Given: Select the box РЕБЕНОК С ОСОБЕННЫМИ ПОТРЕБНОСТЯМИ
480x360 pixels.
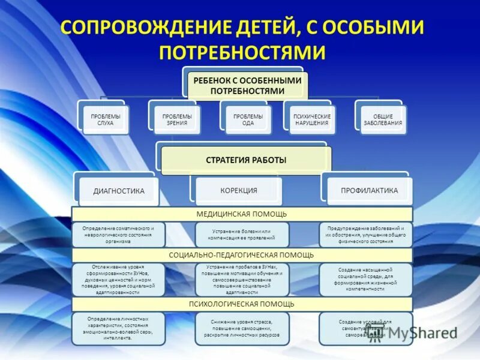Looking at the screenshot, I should pos(247,86).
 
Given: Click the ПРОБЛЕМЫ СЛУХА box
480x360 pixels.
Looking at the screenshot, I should pos(106,119).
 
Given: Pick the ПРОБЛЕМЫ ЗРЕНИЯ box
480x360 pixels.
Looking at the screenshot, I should pos(178,119).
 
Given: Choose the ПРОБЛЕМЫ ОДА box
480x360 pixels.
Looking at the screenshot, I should pos(248,119).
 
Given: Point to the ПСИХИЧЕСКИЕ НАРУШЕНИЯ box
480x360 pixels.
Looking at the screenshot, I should pos(311,119).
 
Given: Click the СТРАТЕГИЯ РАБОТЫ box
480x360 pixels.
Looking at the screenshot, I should pos(246,160).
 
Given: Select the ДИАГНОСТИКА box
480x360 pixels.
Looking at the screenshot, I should pos(119,191).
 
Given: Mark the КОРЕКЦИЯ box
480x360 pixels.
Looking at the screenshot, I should pos(238,191).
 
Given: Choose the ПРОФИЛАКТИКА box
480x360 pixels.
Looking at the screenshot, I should pos(370,191).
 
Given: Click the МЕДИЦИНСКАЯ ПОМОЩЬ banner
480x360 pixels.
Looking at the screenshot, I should pos(242,214).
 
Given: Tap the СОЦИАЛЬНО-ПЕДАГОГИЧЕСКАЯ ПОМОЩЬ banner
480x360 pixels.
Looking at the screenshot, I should pos(242,255).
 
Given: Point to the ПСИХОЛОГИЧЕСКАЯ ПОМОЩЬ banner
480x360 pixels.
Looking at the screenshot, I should pos(242,304).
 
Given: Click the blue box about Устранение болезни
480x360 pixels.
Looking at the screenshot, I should pos(242,235).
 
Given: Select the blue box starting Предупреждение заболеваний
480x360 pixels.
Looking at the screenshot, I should pos(365,235).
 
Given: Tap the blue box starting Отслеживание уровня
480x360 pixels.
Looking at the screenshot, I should pos(118,280).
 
